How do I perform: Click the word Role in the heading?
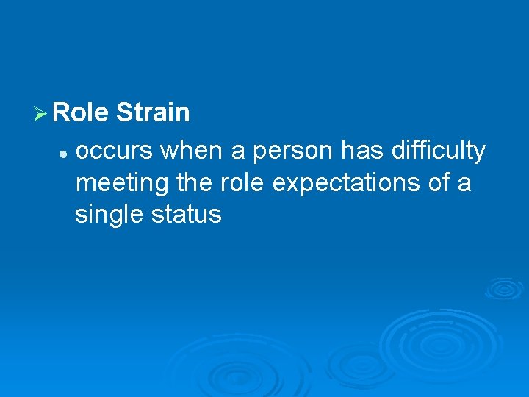click(x=81, y=113)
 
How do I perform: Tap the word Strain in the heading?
click(x=153, y=113)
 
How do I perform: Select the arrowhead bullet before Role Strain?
click(x=41, y=114)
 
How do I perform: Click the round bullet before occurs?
click(x=64, y=154)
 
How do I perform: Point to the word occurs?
click(x=114, y=151)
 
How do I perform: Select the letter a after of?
click(x=464, y=184)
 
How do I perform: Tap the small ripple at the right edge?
click(x=504, y=287)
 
